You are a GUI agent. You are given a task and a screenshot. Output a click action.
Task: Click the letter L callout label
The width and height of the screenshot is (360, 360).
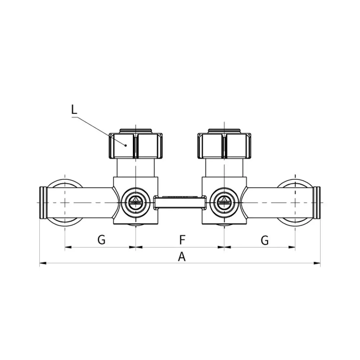74,110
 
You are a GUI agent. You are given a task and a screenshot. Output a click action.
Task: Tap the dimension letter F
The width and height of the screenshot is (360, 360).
182,240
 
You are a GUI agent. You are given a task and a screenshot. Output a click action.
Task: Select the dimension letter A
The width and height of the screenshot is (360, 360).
181,256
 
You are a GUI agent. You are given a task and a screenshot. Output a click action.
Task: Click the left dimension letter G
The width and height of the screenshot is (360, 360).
101,240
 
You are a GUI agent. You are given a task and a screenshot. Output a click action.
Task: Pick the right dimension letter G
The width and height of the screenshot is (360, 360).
265,240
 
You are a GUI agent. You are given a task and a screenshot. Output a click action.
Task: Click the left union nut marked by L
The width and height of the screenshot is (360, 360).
136,145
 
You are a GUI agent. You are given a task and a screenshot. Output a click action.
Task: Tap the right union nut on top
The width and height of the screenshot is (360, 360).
224,145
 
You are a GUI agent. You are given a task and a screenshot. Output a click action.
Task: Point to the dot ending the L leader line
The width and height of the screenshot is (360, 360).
126,145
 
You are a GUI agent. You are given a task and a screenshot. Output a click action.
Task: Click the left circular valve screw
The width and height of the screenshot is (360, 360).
136,202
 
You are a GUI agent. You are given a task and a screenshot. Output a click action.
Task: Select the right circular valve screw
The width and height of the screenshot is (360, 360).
224,202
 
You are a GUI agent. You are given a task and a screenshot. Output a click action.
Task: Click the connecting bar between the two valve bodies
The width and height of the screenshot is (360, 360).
180,202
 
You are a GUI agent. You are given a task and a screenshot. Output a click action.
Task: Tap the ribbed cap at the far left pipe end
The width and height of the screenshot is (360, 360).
43,202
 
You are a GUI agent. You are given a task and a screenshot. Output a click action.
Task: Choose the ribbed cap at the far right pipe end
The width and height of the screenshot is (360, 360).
317,202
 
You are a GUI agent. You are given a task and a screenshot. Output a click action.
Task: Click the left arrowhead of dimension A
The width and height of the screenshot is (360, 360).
43,263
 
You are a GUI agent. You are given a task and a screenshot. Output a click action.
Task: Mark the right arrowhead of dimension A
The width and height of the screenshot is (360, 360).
317,263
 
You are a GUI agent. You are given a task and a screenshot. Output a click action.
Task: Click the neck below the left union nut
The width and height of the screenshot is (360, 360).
136,168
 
